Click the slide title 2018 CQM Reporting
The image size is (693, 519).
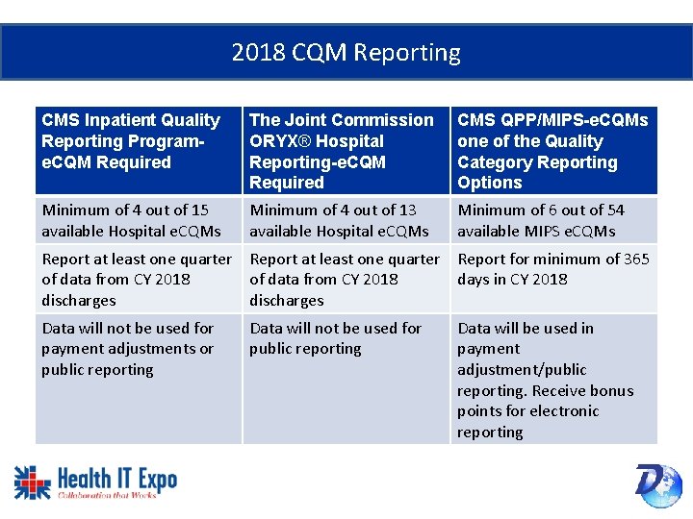coord(346,52)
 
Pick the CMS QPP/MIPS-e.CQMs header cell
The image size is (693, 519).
coord(552,151)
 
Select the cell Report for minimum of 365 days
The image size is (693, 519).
coord(552,269)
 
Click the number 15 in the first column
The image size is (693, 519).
coord(199,210)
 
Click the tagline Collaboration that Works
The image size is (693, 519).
coord(107,496)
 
